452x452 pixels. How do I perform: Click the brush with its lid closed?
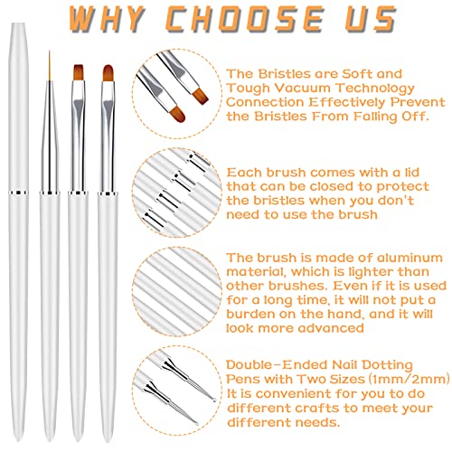click(17, 226)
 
